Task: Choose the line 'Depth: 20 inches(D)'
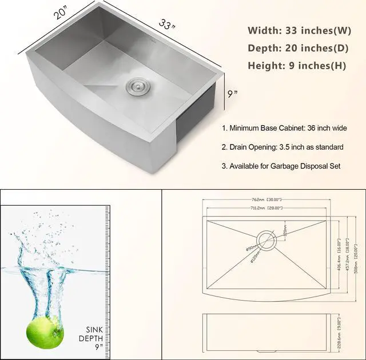coord(296,47)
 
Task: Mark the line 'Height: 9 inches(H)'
coord(297,65)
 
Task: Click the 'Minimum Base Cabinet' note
coord(284,129)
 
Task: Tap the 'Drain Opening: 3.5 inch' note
coord(283,147)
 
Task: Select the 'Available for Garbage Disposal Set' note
coord(281,166)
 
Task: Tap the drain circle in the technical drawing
coord(266,239)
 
